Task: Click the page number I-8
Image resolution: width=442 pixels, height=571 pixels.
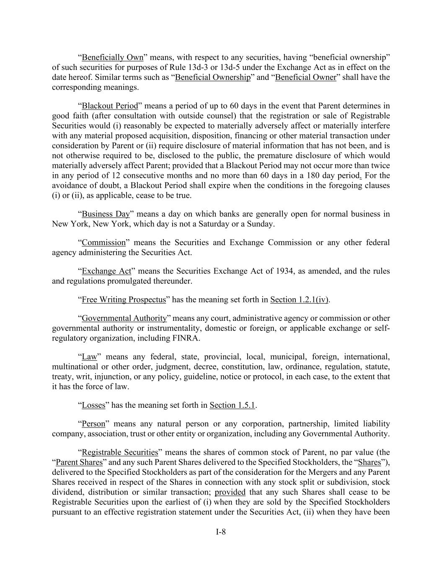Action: (x=221, y=532)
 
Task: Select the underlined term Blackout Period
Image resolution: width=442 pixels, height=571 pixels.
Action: (x=110, y=105)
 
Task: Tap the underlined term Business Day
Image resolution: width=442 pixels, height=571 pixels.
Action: (x=106, y=214)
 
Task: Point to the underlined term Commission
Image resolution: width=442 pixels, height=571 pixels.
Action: (x=103, y=243)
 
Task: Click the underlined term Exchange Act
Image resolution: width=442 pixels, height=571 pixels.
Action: (x=106, y=271)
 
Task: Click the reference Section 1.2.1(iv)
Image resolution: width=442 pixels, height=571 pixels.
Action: (x=300, y=300)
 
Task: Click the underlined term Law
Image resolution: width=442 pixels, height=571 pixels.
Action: (x=89, y=357)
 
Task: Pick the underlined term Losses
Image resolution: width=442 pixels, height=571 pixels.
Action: (x=93, y=405)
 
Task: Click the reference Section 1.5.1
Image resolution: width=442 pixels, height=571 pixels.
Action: (x=233, y=405)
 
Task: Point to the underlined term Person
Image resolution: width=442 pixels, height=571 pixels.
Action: (x=93, y=424)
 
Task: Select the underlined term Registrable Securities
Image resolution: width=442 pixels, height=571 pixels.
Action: (x=120, y=452)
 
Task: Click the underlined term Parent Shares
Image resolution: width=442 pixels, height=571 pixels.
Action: (x=79, y=462)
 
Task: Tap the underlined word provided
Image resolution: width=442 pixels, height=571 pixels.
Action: (x=230, y=492)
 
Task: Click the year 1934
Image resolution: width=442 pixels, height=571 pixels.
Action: (x=285, y=271)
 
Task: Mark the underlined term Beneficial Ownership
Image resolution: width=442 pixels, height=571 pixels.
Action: (x=212, y=77)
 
